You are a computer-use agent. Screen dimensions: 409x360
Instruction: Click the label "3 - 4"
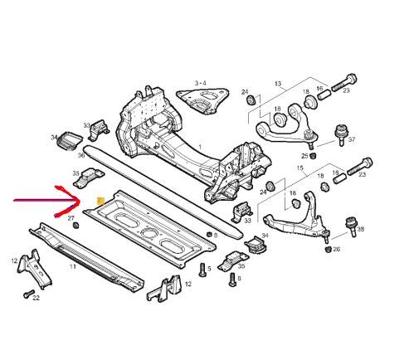pos(201,83)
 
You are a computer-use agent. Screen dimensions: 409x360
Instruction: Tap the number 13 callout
pos(278,84)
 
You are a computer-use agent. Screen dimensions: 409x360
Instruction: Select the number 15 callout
pos(299,168)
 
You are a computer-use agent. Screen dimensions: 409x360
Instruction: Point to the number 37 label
pos(352,139)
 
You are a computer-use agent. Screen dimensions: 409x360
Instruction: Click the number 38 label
pos(361,229)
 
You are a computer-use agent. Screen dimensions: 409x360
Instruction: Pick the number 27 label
pos(71,218)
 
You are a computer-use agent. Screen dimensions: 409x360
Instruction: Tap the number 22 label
pos(37,298)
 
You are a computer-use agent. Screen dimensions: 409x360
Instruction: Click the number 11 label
pos(72,267)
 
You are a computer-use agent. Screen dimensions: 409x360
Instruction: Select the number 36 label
pos(81,155)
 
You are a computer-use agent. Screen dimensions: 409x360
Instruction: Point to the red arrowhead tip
pos(80,200)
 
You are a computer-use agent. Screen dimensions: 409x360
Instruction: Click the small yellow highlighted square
pos(100,202)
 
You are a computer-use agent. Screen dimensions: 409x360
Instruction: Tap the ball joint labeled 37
pos(342,134)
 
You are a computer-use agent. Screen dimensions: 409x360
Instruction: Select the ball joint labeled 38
pos(352,226)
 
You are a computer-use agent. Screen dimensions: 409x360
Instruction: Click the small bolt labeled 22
pos(28,294)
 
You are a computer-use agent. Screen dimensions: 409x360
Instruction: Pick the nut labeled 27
pos(75,225)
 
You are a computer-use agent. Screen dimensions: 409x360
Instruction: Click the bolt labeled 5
pos(202,270)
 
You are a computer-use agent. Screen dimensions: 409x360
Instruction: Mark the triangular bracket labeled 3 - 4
pos(202,100)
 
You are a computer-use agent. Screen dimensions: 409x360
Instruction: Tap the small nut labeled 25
pos(313,156)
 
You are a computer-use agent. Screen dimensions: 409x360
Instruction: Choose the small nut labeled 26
pos(328,250)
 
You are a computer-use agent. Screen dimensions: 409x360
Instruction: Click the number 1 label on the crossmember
pos(200,147)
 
